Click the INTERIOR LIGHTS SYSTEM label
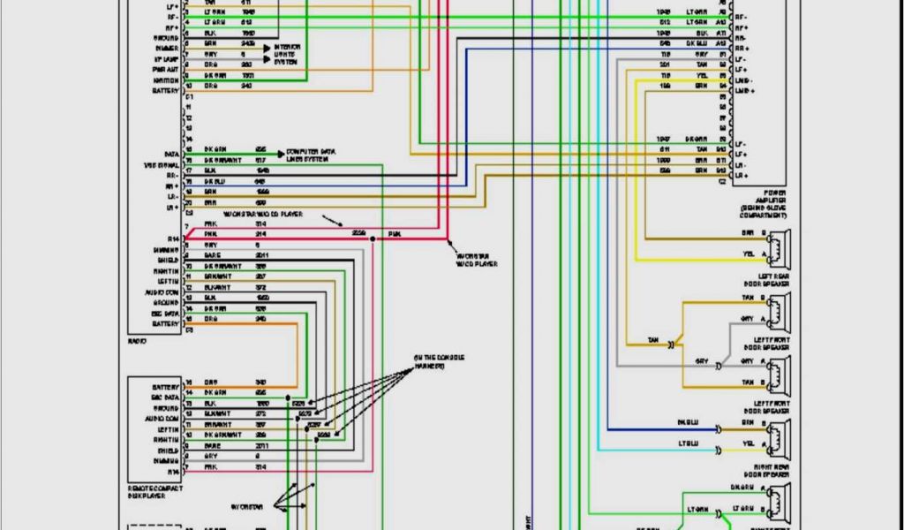click(287, 53)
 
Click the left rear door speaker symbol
click(778, 248)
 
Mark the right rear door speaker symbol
click(778, 438)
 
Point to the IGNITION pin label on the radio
click(166, 80)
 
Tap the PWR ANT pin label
click(165, 69)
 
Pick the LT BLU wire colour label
click(689, 443)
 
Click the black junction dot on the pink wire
click(373, 238)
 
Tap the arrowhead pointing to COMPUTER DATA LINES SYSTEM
click(282, 153)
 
